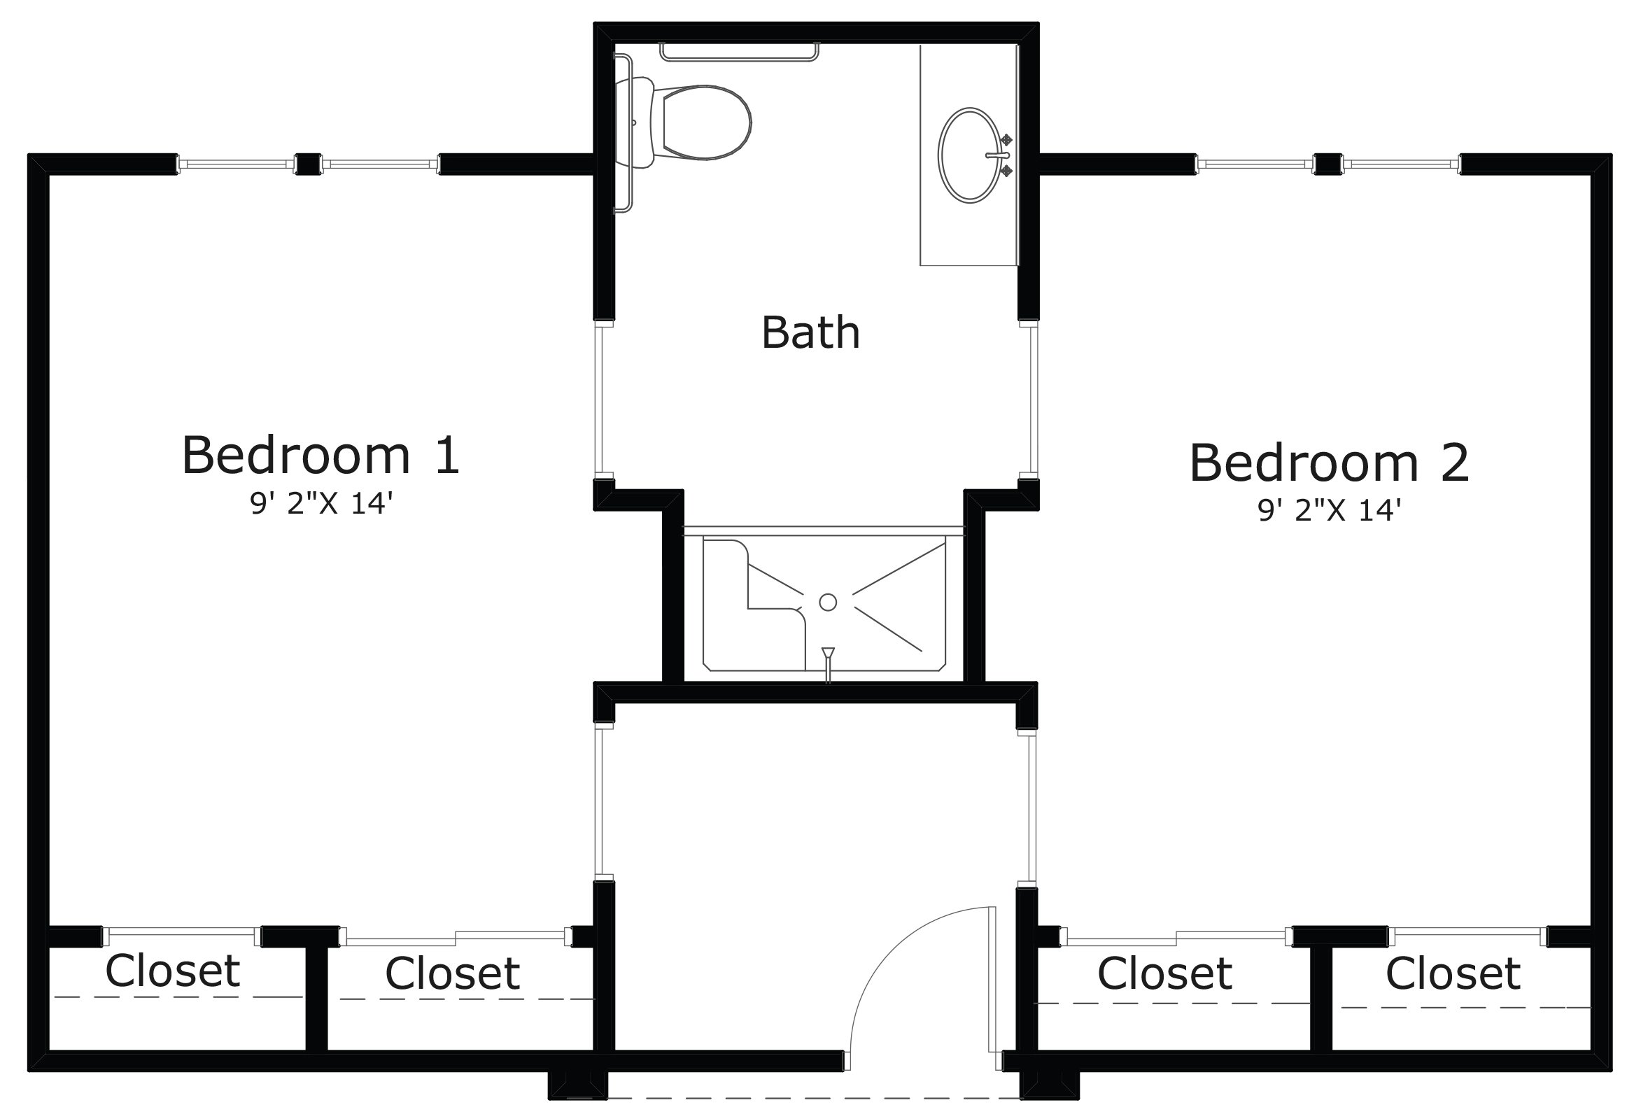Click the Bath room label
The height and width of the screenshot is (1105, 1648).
coord(810,332)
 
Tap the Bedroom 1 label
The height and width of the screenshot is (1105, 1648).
coord(321,456)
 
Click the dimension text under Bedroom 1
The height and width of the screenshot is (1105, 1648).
coord(321,504)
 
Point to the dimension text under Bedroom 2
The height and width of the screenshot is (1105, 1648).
coord(1329,510)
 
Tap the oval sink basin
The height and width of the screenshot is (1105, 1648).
coord(969,155)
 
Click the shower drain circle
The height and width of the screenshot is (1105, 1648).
coord(828,602)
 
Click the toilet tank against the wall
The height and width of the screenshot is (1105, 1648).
coord(635,122)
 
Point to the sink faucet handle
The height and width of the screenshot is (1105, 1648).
coord(998,155)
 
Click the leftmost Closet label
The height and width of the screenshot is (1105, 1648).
coord(173,971)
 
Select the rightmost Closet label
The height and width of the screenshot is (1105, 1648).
coord(1453,974)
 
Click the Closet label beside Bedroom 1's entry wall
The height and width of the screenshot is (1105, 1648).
coord(452,973)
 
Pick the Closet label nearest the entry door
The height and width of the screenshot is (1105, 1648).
coord(1164,974)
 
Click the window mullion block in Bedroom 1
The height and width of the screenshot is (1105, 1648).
coord(308,164)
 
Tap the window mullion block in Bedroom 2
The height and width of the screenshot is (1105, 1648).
coord(1328,164)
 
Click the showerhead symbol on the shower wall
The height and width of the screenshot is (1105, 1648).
coord(828,656)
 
